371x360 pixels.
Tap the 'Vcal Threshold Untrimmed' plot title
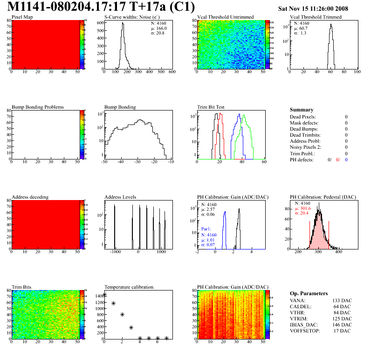click(226, 17)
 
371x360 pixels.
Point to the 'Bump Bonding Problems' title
click(38, 107)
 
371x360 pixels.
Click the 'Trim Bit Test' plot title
click(211, 107)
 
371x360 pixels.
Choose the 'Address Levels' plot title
click(120, 197)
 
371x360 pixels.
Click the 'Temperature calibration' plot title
click(129, 287)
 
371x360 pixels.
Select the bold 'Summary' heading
click(302, 110)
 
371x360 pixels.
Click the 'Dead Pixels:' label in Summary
click(303, 117)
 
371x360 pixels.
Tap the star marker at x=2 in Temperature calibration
click(122, 315)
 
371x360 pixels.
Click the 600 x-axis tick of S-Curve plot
click(172, 72)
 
